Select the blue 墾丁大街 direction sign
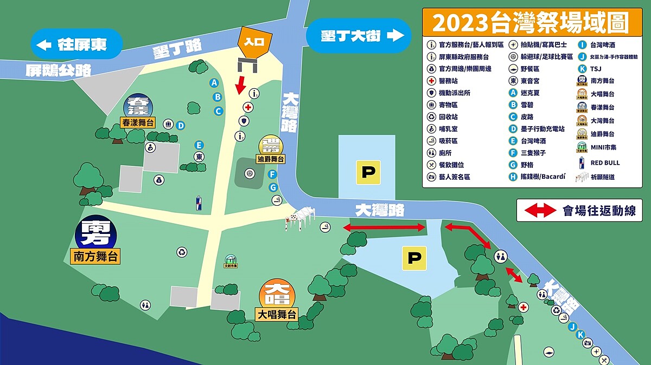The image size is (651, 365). pos(358,36)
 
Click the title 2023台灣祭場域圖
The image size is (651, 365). pos(530,23)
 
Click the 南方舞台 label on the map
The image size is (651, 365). pos(95,256)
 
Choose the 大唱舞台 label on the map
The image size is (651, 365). pos(277,314)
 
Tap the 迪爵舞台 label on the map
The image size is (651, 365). pos(271,159)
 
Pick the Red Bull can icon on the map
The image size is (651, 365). pos(199,203)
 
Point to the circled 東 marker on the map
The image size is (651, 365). pos(199,157)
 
